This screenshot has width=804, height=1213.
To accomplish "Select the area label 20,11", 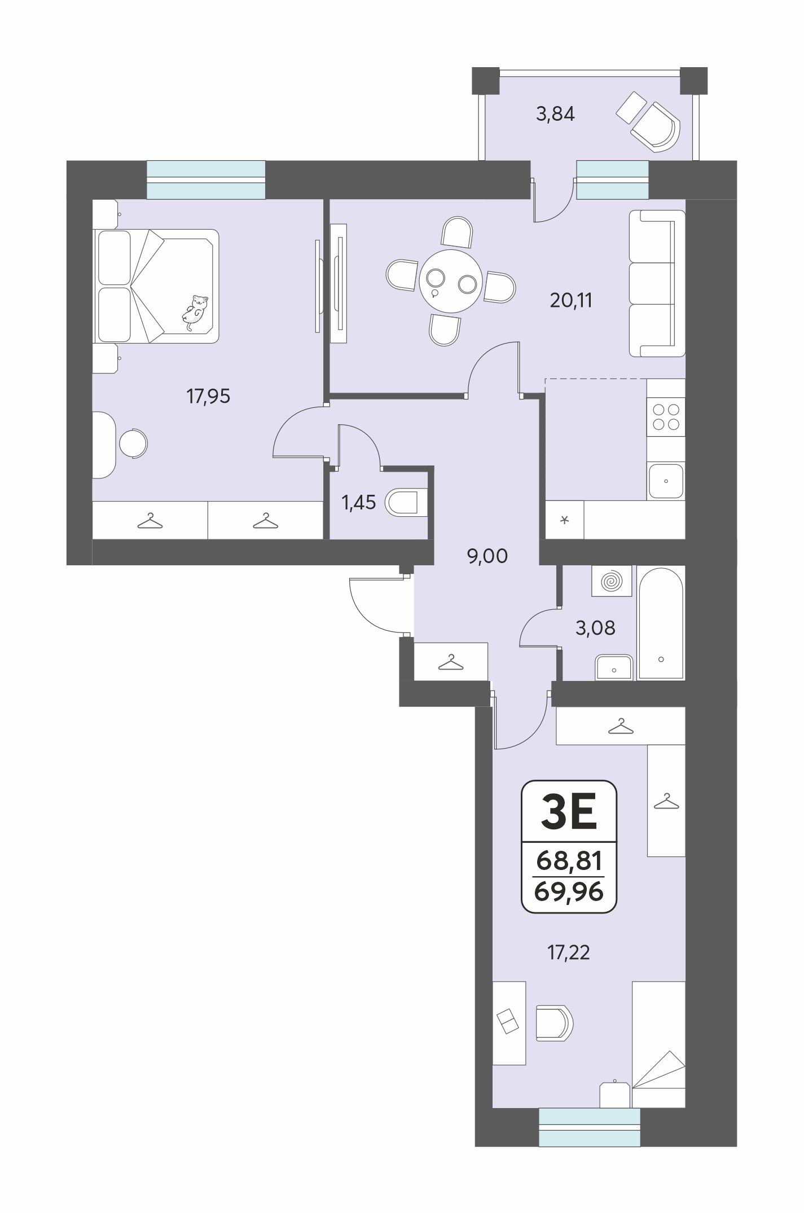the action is [571, 300].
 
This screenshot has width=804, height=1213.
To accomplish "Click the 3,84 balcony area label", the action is [555, 114].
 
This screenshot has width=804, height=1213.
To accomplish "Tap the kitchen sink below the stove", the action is [666, 481].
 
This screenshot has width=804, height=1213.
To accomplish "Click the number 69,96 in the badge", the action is [569, 892].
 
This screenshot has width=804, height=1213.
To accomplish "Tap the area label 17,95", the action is [208, 397].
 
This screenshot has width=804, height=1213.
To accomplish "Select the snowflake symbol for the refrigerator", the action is [565, 520].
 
